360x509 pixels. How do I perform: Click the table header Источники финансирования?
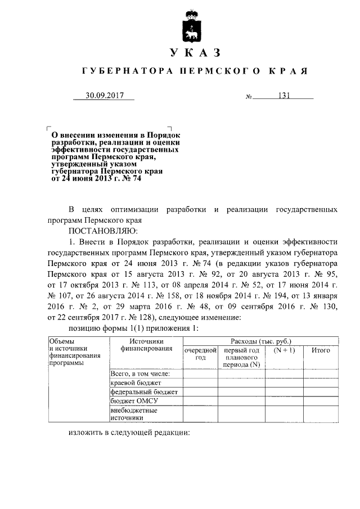pos(145,345)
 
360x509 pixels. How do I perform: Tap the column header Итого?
pos(321,350)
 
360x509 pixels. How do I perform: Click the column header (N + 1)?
pos(284,350)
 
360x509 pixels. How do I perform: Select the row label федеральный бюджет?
pos(144,391)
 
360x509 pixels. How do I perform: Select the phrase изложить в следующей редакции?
pos(129,434)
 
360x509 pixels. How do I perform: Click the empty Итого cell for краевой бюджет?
pos(321,382)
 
